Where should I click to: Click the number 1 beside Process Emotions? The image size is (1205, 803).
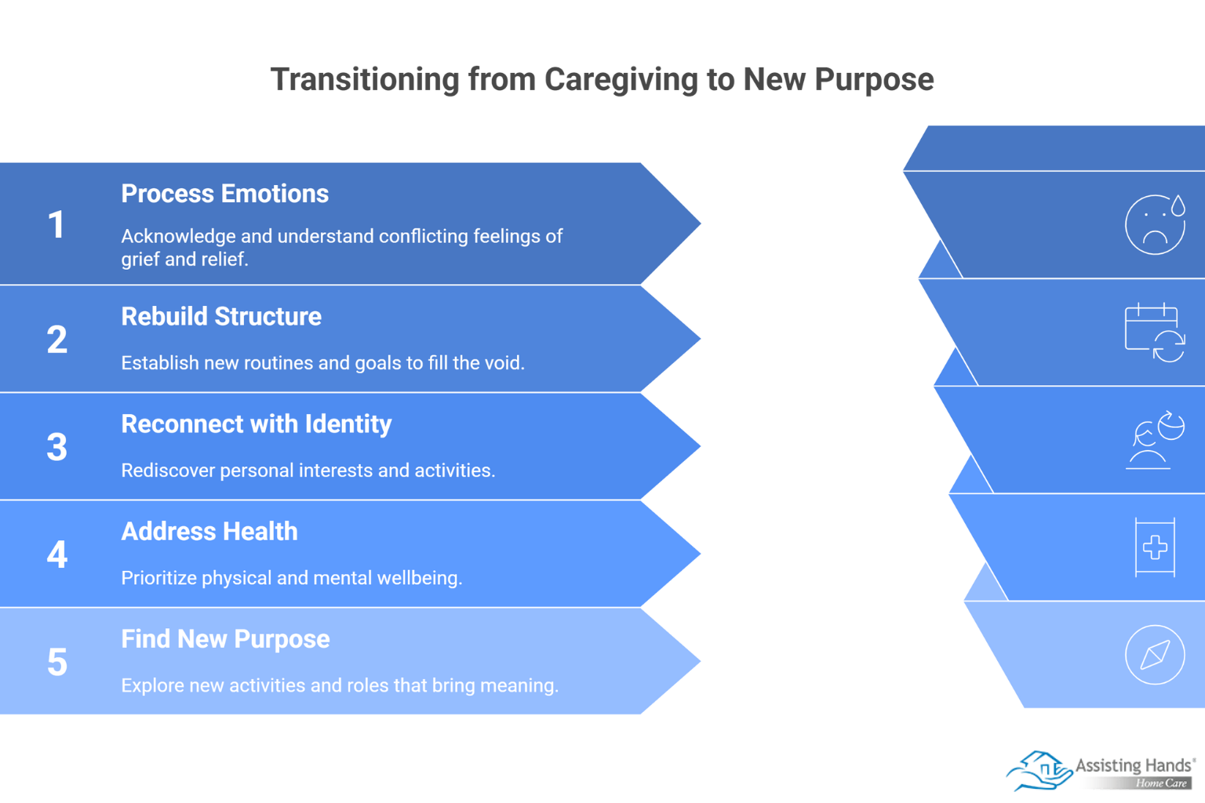56,225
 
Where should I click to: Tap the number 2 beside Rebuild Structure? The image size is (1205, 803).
56,340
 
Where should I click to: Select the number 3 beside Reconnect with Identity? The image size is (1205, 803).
56,448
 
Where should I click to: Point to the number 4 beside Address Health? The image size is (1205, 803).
56,555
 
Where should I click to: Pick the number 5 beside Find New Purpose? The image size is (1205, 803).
56,663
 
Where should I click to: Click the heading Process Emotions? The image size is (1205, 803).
224,194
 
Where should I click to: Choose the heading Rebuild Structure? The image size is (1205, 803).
221,317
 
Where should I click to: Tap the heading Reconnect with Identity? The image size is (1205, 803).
256,424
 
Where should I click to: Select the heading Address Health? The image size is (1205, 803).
209,532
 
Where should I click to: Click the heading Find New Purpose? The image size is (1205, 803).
225,639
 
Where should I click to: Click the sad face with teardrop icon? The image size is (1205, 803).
1155,225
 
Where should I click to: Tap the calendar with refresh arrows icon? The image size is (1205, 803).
1154,332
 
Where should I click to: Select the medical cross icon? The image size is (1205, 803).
1155,547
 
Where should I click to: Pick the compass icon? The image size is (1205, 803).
1155,655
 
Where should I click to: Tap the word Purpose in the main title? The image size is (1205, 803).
873,79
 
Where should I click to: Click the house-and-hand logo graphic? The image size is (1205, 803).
1039,771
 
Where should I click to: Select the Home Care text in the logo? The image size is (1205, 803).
1161,783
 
